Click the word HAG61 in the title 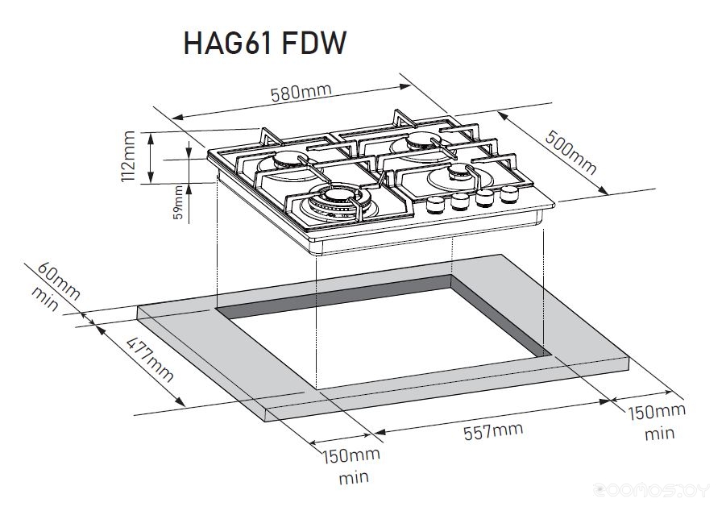pos(227,44)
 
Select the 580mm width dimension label pos(301,92)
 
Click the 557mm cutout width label pos(493,431)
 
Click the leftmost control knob pos(435,205)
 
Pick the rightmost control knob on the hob pos(508,194)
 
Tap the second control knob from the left pos(460,201)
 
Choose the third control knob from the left pos(484,198)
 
